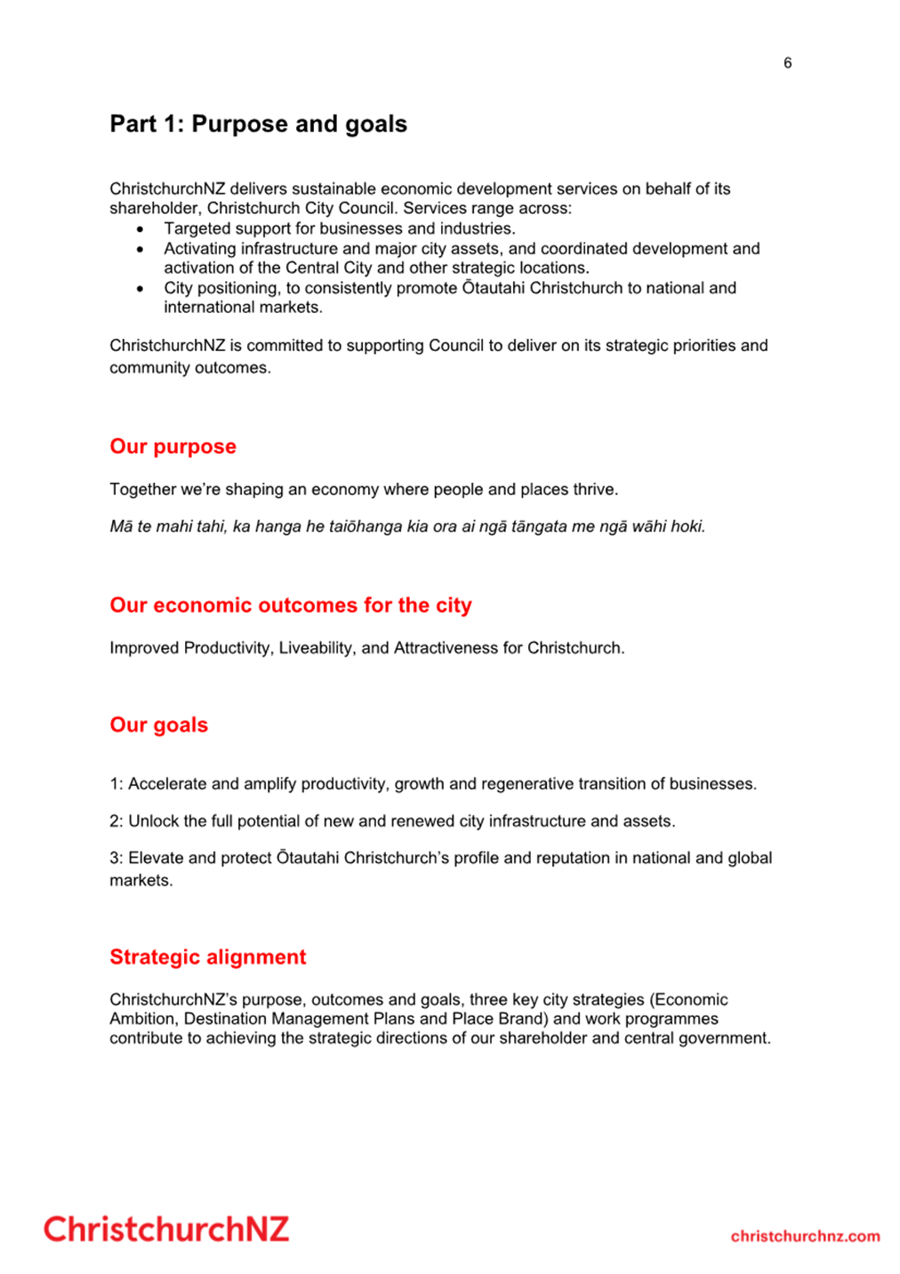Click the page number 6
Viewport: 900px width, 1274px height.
(787, 62)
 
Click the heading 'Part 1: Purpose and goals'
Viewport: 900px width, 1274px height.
(258, 124)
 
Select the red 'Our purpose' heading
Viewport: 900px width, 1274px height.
(173, 446)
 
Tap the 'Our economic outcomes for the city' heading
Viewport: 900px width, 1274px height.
(290, 605)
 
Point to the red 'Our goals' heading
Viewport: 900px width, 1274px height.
(158, 725)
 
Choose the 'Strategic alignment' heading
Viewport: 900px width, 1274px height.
(207, 957)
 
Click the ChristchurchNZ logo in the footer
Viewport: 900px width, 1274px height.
(166, 1230)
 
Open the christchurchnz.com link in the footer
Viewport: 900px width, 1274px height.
(805, 1236)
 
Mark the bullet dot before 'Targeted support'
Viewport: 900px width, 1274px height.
(141, 229)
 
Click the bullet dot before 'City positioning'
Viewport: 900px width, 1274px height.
(141, 289)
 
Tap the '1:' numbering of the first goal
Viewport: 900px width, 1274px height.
(117, 784)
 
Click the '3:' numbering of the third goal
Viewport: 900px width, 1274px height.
(117, 858)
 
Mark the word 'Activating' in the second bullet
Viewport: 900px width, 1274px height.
(200, 249)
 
